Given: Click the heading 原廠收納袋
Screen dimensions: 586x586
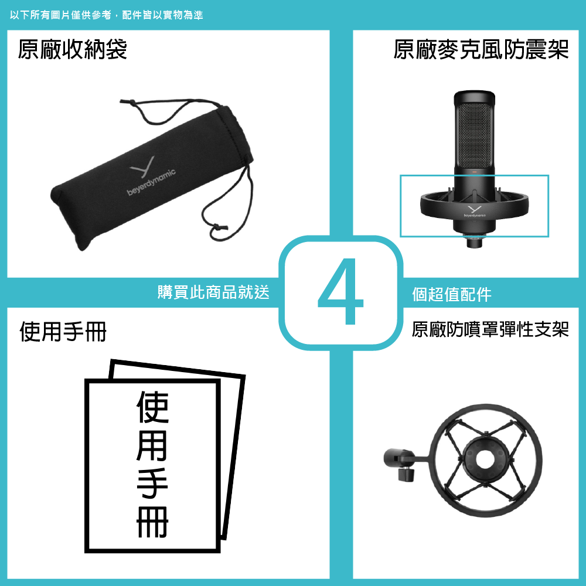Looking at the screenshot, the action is point(73,49).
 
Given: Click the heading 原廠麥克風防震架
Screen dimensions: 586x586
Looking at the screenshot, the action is point(481,49).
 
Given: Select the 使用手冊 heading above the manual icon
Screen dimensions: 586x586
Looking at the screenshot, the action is point(63,332).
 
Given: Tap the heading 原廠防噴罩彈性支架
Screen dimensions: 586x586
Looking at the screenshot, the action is point(490,329).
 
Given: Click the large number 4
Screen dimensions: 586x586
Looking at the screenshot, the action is point(341,291).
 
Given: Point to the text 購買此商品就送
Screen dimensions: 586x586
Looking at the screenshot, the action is point(213,292).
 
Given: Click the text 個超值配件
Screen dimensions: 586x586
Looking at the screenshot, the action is point(451,294).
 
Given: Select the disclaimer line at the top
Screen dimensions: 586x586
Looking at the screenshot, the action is point(107,15).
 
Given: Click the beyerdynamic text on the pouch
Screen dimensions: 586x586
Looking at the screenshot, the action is point(151,182).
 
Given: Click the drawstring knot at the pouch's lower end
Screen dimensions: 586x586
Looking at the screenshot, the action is point(219,227).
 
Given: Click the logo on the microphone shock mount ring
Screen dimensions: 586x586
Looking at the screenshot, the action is point(475,212).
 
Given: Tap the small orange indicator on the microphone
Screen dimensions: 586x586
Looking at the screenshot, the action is point(475,172).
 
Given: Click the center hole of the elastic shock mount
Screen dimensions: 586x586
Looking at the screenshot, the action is point(485,458).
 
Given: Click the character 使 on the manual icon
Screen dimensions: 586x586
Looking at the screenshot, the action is point(152,407).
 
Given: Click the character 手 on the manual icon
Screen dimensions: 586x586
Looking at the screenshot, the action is point(152,483).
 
